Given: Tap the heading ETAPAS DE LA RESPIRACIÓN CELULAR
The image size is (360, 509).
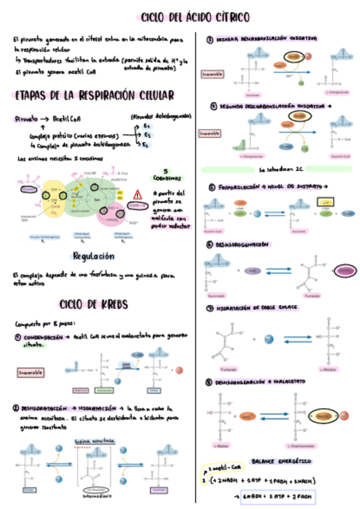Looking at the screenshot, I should pos(94,95).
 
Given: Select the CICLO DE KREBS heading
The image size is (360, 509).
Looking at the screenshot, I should pos(94,304).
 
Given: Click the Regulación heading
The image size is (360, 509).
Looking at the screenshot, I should pos(93,256).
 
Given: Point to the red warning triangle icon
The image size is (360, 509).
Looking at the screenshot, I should pos(138,194).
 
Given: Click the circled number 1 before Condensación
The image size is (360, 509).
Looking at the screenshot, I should pos(19,338).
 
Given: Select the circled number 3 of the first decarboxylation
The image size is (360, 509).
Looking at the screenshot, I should pos(209,40).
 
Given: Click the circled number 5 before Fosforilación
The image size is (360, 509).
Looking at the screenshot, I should pos(211,187).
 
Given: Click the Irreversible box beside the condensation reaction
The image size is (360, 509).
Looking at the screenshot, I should pos(31,372).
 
